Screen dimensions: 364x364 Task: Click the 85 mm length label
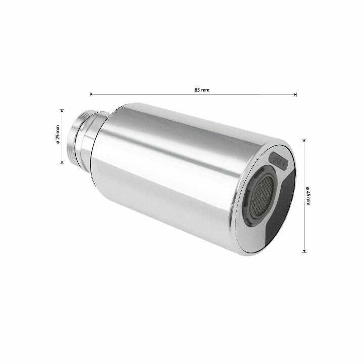[x=202, y=89]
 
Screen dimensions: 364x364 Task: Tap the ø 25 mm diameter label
[x=58, y=134]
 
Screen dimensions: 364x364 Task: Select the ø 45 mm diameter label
[x=308, y=196]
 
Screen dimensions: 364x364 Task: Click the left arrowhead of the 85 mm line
[x=91, y=94]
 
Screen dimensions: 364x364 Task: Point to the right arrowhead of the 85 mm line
[x=295, y=94]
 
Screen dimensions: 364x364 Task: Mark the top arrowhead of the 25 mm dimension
[x=62, y=111]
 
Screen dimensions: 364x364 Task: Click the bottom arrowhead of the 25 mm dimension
[x=62, y=162]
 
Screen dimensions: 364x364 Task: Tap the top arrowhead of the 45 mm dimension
[x=304, y=141]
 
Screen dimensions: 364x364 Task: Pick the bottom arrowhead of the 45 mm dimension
[x=304, y=251]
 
